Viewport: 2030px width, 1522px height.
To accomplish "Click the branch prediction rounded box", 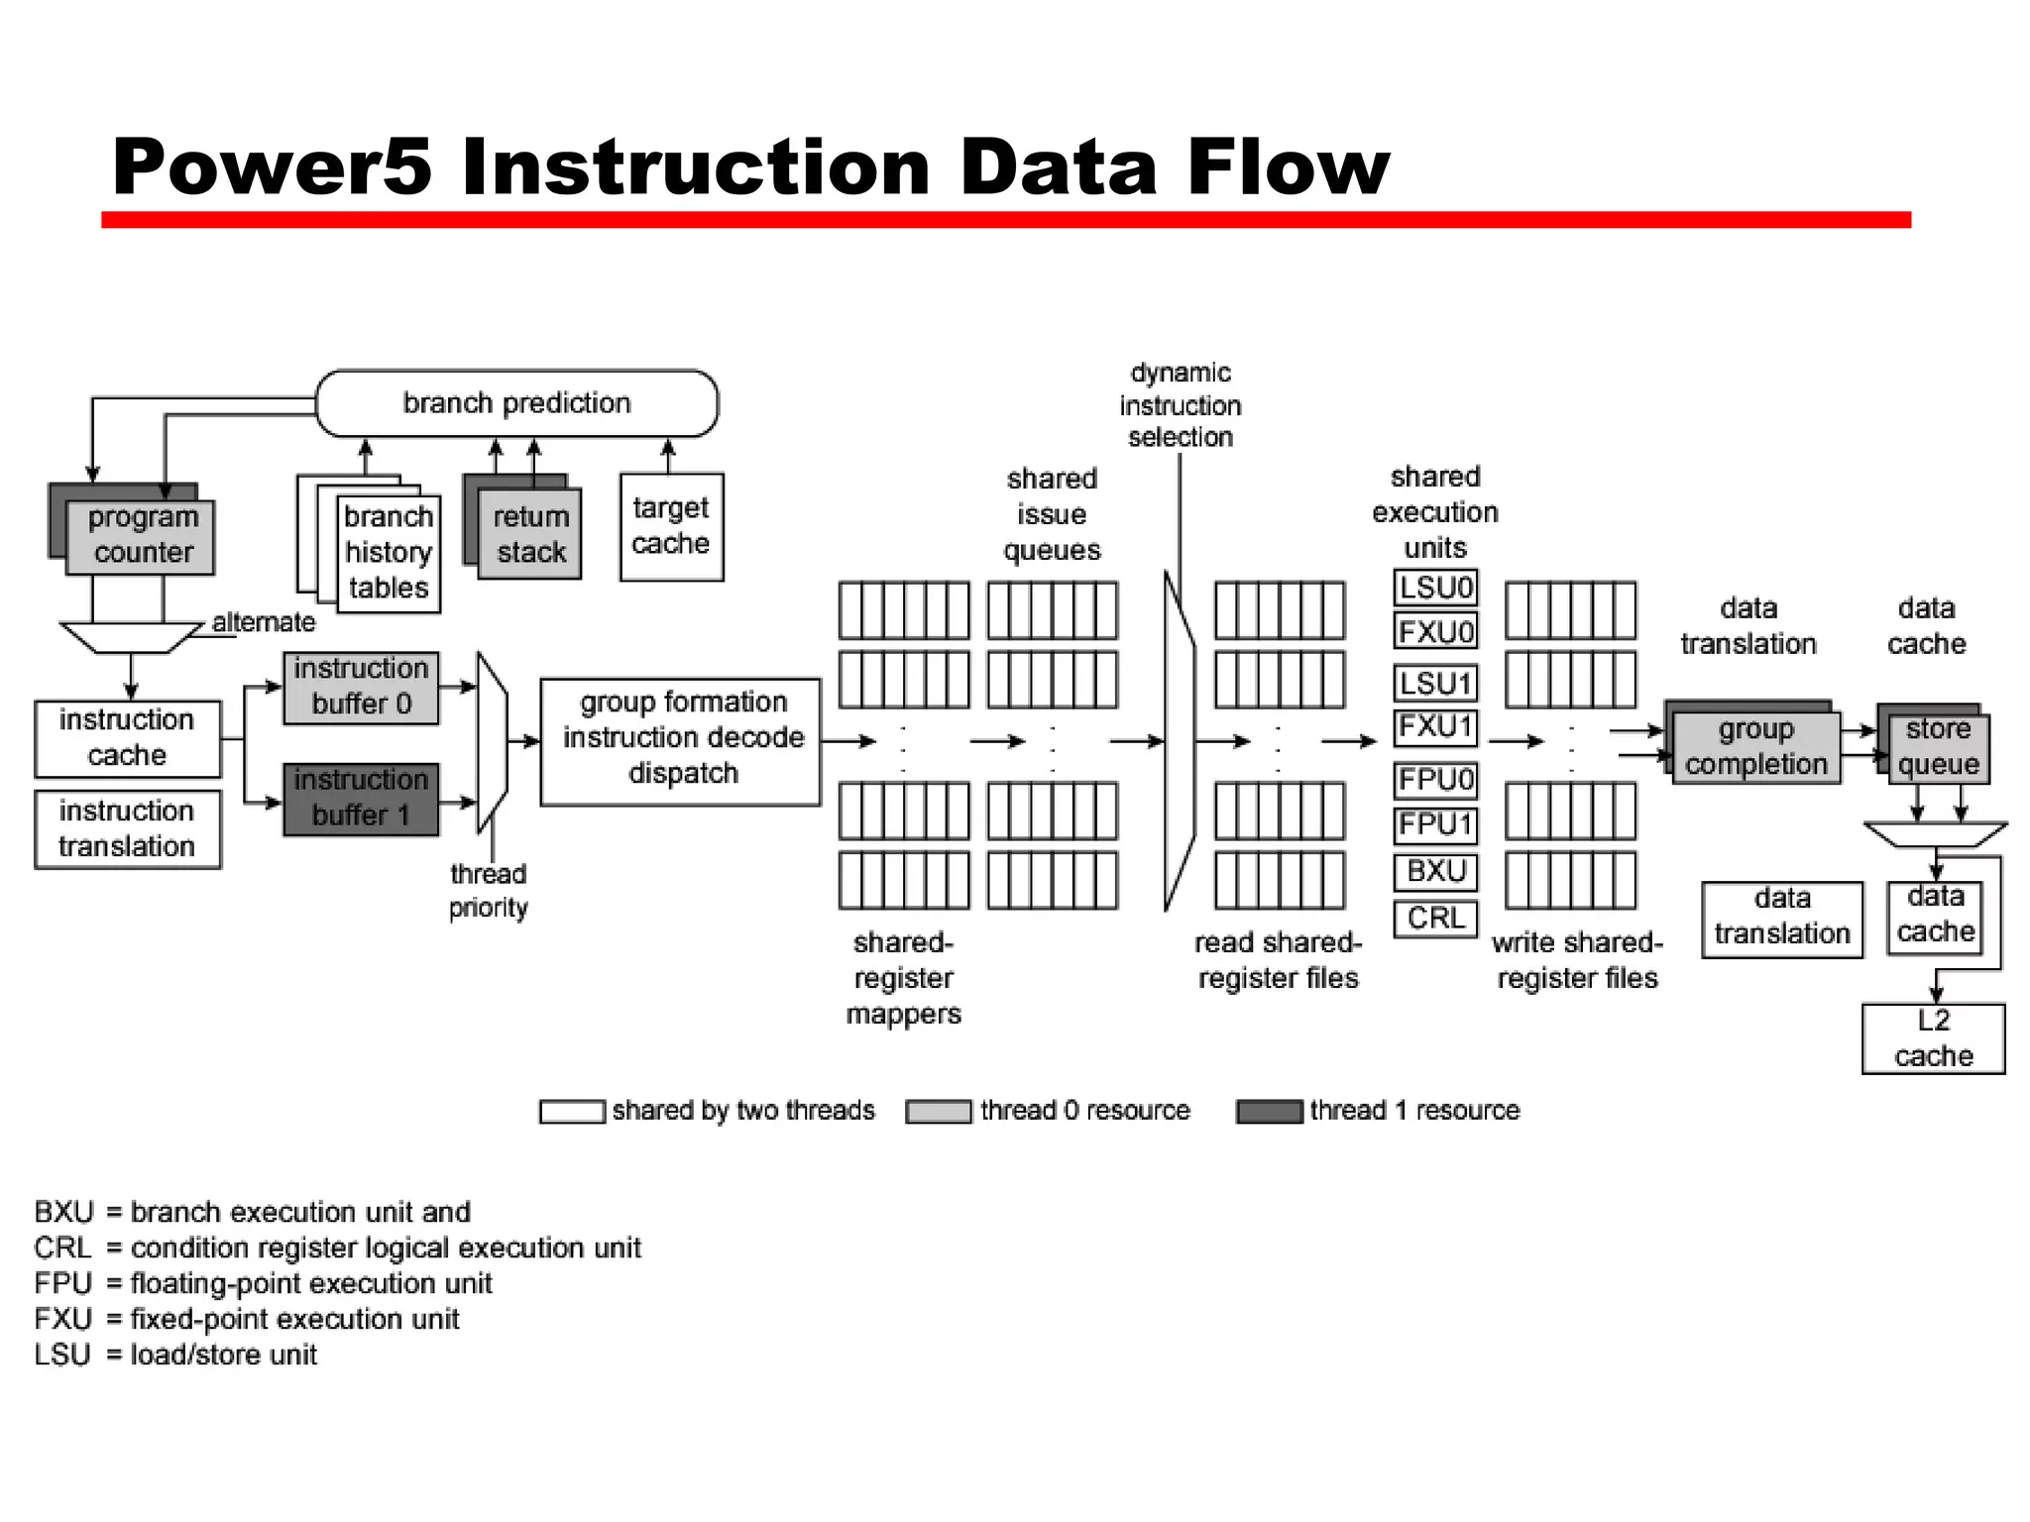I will pos(516,403).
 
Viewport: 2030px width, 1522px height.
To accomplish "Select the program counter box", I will pos(141,536).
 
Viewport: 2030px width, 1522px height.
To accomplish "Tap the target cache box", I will pos(671,526).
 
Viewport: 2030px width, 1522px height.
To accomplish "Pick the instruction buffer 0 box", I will pos(361,687).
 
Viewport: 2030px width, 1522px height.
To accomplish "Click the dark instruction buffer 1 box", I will pos(361,799).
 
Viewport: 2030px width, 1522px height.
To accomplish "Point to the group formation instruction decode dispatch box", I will pos(681,739).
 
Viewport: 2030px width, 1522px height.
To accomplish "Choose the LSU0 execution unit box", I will pos(1435,588).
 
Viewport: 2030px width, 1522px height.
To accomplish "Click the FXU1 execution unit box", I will pos(1435,726).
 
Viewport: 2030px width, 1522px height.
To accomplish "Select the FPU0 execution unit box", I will pos(1435,780).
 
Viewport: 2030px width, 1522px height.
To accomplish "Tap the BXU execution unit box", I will pos(1435,872).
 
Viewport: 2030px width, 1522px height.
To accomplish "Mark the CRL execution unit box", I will pos(1435,919).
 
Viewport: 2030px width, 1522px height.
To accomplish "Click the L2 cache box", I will pos(1933,1038).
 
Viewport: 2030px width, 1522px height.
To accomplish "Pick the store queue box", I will pos(1938,748).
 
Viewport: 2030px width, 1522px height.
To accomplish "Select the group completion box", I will pos(1755,747).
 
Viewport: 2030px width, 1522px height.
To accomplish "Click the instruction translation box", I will pos(127,829).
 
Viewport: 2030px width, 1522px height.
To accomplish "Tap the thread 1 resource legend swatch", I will pos(1269,1111).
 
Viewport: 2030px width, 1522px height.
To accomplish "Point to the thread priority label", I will pos(488,891).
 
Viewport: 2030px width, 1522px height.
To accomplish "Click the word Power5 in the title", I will pos(273,166).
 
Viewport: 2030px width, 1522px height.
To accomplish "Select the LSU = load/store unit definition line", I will pos(175,1355).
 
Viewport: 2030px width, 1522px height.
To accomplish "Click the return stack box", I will pos(530,535).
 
